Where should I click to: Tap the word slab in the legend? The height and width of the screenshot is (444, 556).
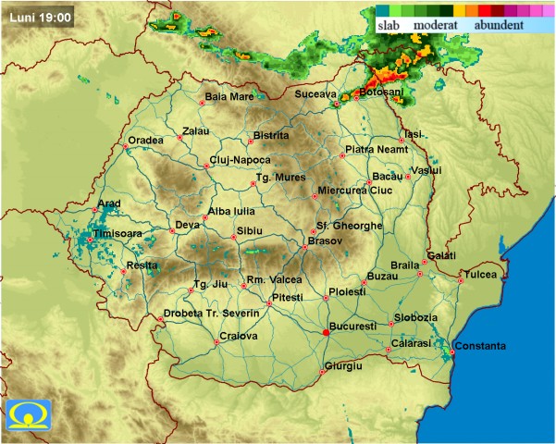(388, 25)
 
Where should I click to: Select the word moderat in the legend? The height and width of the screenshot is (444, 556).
(436, 25)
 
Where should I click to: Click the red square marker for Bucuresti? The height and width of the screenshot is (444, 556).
(325, 331)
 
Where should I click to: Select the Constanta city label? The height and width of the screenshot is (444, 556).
(481, 346)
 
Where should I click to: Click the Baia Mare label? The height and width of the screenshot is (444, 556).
(229, 96)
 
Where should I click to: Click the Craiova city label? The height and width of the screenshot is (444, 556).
(238, 336)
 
